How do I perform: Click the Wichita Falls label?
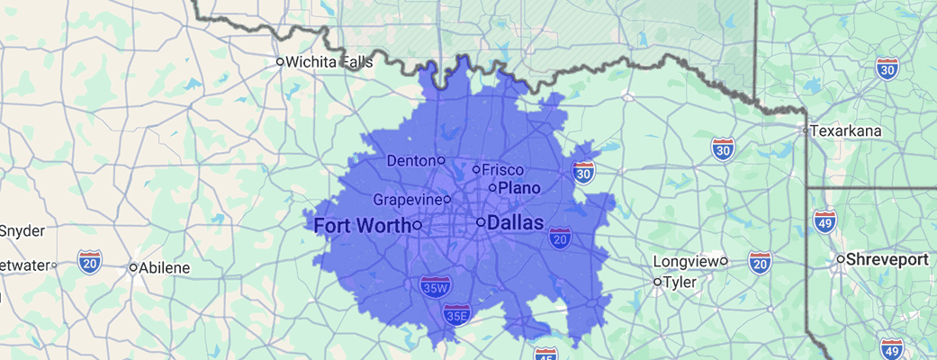[x=329, y=62]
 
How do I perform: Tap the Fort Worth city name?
[x=363, y=225]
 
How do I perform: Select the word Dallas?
[x=516, y=221]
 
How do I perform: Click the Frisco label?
[x=503, y=169]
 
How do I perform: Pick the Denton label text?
[x=410, y=160]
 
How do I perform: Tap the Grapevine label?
[x=407, y=199]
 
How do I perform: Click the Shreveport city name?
[x=887, y=259]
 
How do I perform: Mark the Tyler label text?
[x=680, y=283]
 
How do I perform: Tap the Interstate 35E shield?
[x=456, y=314]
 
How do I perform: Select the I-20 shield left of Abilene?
[x=89, y=263]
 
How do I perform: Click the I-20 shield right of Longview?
[x=761, y=263]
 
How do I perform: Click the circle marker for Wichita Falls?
[x=280, y=62]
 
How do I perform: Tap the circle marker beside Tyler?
[x=657, y=283]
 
